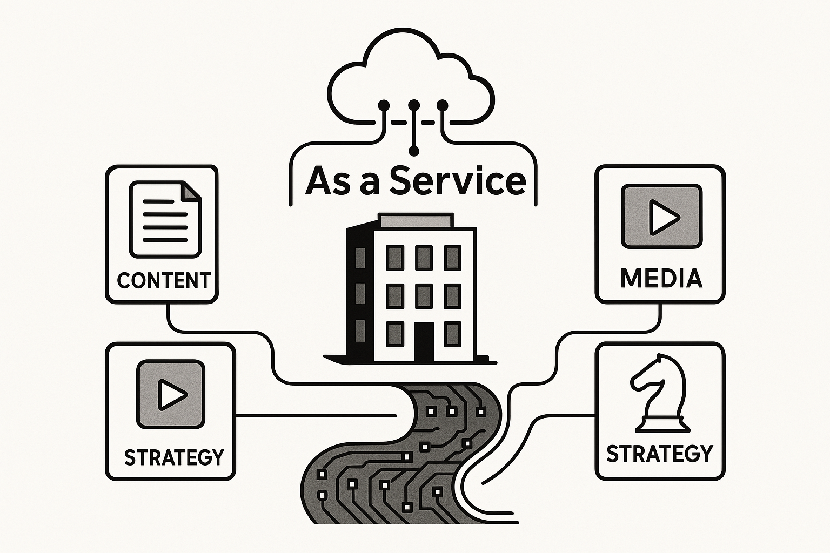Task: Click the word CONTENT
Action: [164, 281]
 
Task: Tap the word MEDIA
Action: [661, 279]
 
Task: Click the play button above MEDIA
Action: [661, 217]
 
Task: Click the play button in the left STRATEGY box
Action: [170, 394]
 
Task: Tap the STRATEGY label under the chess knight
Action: [660, 454]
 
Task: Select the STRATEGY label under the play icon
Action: [174, 457]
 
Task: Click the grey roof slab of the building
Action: [415, 221]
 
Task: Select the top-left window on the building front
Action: [395, 258]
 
